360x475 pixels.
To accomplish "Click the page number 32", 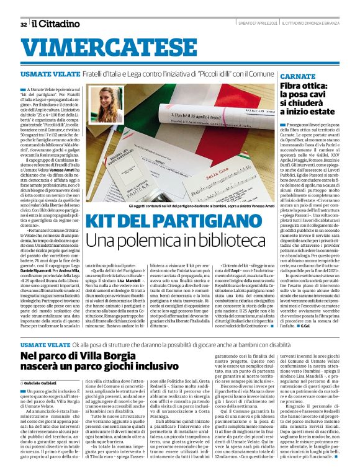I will (23, 24).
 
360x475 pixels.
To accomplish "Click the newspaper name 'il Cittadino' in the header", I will (56, 24).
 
